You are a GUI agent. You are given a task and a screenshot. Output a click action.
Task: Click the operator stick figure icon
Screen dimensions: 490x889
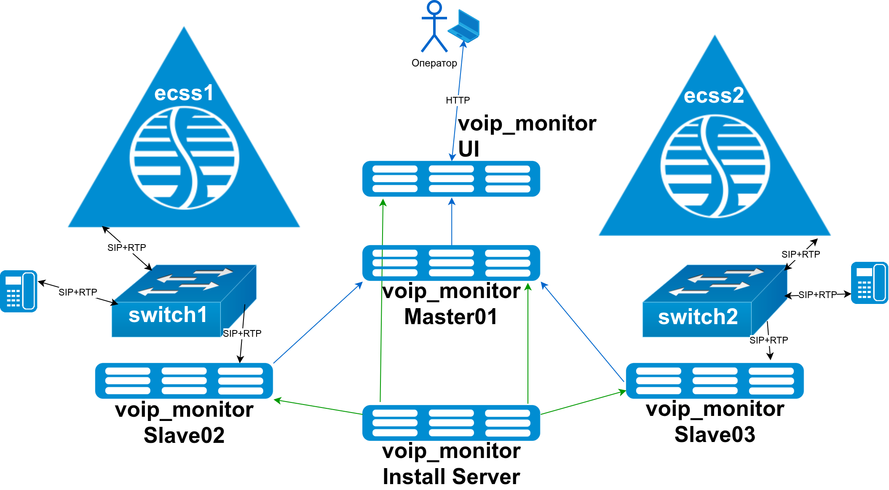point(434,26)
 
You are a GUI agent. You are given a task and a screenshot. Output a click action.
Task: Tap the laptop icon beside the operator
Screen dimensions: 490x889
point(464,26)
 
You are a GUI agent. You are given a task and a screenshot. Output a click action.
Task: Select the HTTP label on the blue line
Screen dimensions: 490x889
point(458,100)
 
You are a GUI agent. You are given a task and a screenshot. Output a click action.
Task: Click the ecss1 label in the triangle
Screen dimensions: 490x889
point(184,93)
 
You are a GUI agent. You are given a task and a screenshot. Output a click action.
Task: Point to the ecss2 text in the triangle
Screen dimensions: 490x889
point(714,96)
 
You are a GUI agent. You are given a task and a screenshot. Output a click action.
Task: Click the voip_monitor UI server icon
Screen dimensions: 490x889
point(451,179)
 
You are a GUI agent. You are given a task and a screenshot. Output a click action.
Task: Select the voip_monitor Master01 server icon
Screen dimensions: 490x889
point(451,263)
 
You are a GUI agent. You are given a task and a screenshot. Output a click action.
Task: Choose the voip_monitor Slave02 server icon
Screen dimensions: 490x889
point(184,381)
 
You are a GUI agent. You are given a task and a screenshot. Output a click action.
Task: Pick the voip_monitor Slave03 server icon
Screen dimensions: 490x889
point(715,381)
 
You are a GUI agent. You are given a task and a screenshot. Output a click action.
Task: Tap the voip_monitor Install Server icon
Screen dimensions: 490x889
point(451,423)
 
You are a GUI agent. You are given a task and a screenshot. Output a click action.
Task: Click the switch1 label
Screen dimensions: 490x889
point(168,315)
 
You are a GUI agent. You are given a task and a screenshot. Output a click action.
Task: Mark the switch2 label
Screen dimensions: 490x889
point(698,317)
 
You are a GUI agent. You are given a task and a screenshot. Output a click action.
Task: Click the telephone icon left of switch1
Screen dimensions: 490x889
point(19,291)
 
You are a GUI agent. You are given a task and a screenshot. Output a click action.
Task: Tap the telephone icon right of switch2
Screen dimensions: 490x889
point(869,283)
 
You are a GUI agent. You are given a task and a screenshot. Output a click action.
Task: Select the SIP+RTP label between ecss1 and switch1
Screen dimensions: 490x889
point(126,248)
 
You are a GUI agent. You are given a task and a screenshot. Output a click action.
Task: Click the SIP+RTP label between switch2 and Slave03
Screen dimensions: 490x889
point(769,340)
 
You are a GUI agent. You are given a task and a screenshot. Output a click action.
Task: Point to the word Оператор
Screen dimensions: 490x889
point(434,63)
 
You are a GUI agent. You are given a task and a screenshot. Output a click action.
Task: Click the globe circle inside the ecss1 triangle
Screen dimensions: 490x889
point(184,158)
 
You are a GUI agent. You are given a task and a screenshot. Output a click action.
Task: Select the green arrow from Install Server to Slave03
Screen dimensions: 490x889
point(583,403)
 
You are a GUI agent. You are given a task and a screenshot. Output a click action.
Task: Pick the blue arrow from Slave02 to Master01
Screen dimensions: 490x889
point(318,323)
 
